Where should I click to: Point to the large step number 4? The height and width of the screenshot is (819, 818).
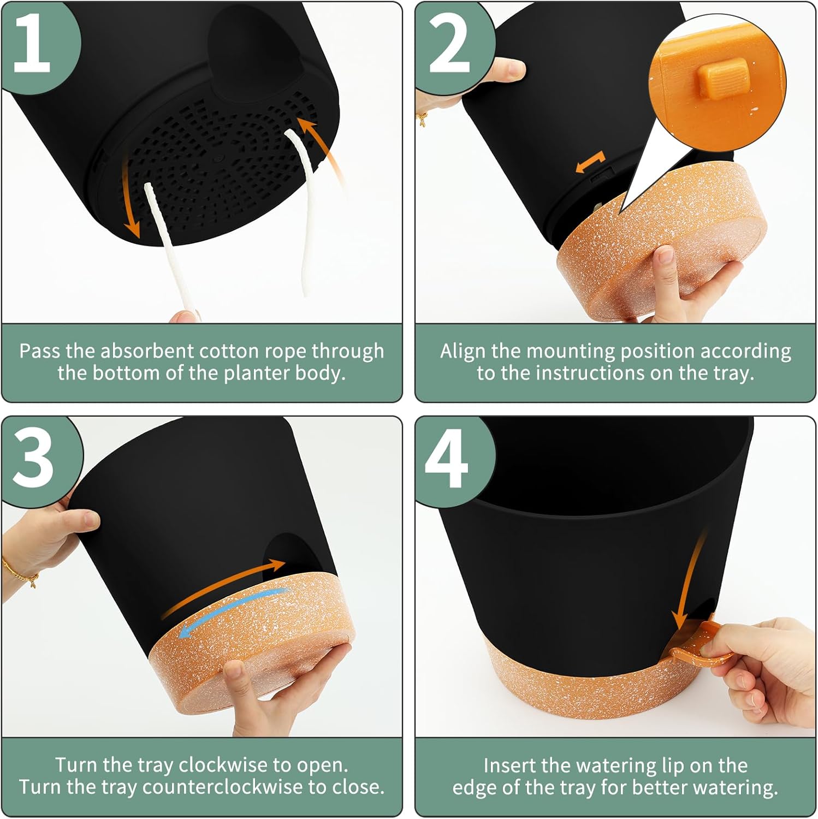coord(447,458)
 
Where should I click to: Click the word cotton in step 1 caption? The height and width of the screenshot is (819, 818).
coord(234,351)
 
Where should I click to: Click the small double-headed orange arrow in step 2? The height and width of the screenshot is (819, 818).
coord(590,163)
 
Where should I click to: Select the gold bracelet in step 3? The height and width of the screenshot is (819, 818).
coord(22,571)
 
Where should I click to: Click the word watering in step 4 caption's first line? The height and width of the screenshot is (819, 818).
coord(615,766)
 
